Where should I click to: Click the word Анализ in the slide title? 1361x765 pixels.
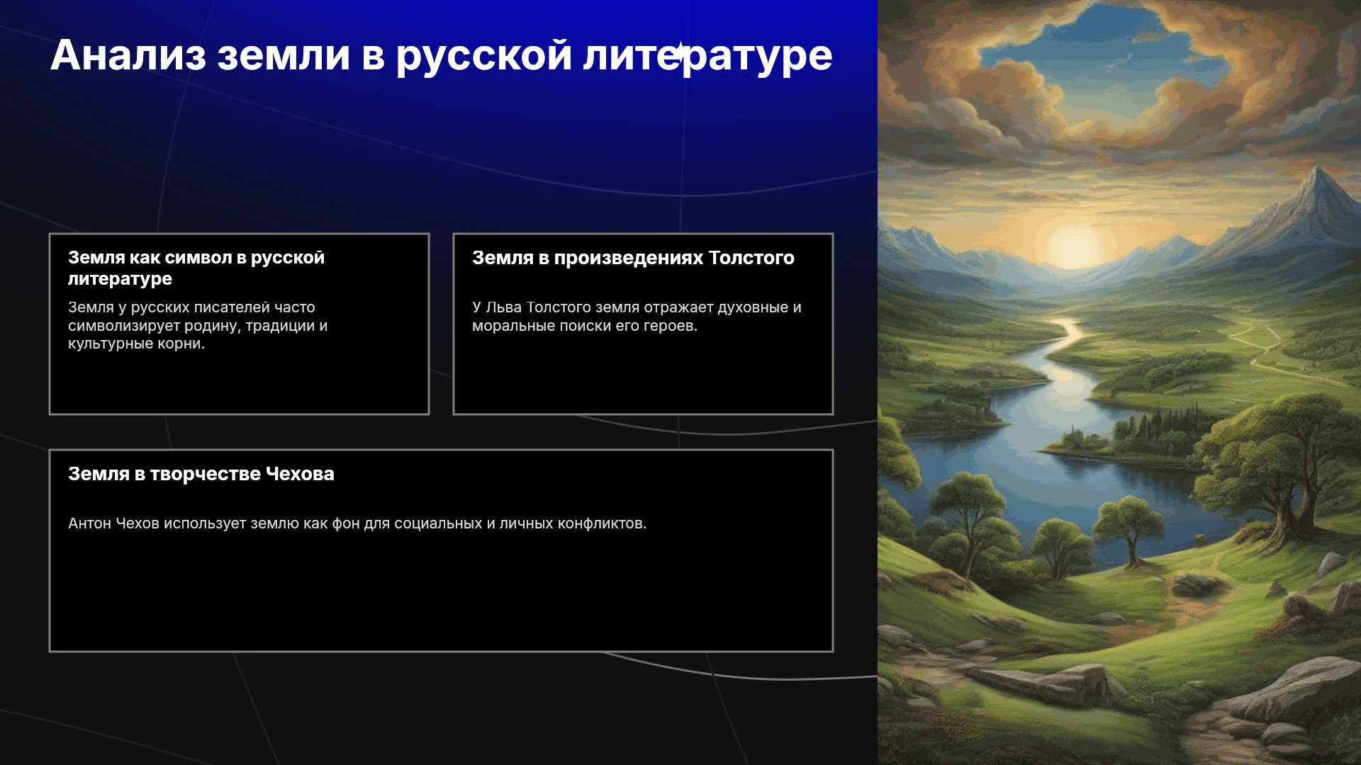pos(128,55)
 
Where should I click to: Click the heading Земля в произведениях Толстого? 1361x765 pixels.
pos(633,258)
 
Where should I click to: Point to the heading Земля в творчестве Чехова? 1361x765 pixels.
pos(201,474)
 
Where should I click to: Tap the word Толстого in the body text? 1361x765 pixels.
pos(558,307)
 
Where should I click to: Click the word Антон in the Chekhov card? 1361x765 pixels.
pos(89,523)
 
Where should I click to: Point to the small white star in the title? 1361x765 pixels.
pos(680,52)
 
